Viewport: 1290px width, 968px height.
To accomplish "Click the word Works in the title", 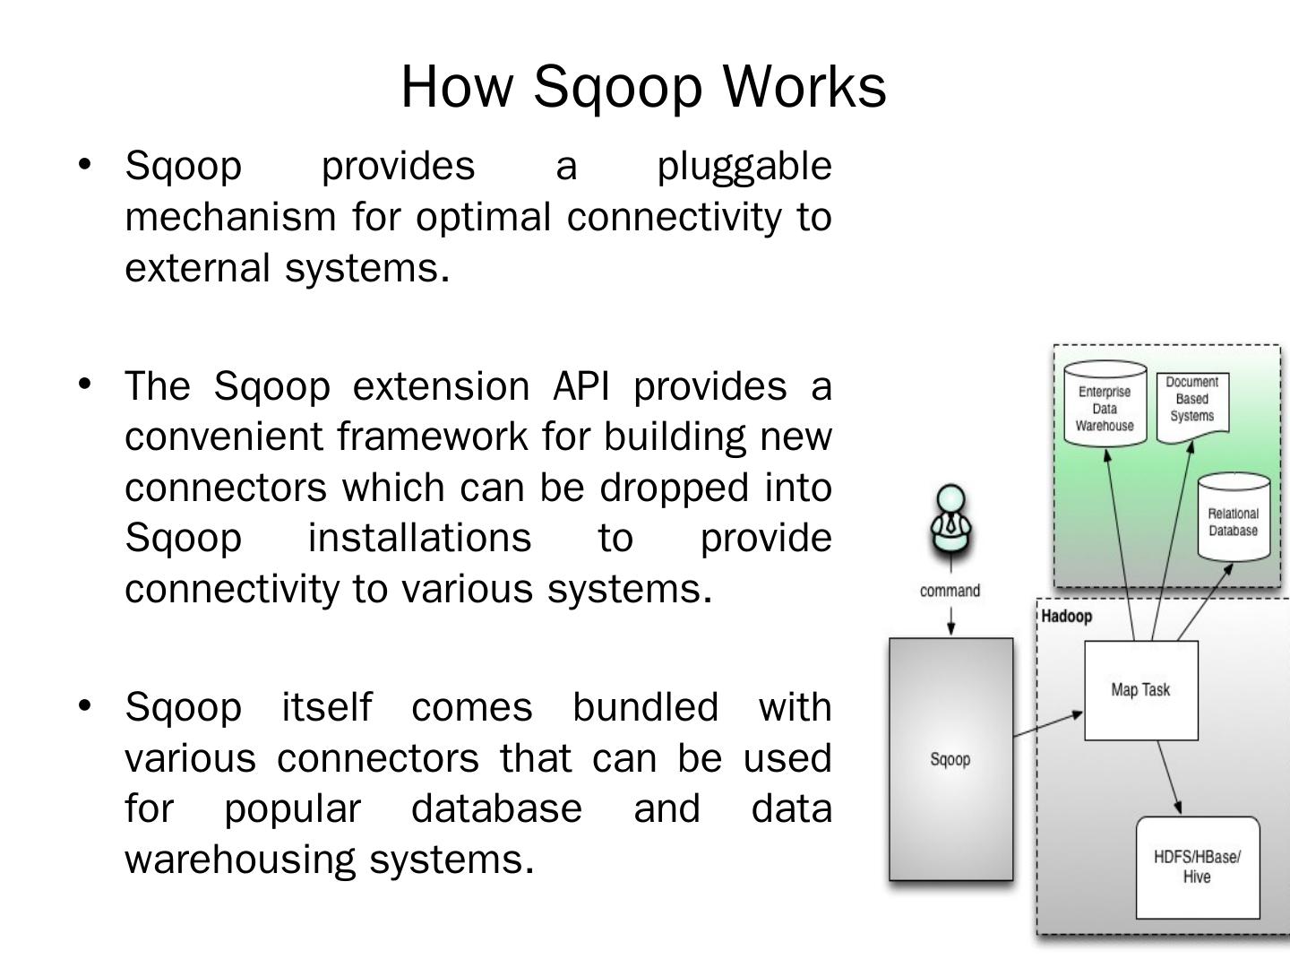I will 804,86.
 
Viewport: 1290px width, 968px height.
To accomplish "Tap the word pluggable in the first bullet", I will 744,167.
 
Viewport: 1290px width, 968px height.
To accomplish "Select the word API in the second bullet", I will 581,386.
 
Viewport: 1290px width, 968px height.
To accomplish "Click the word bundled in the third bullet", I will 645,707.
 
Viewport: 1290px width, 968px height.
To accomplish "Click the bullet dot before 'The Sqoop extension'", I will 85,385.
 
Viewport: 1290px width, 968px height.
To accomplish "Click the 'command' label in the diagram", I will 950,591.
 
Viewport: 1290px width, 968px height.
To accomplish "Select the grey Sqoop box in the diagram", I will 950,759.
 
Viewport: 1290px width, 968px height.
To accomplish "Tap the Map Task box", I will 1140,690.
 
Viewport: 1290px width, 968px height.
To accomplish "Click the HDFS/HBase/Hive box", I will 1197,867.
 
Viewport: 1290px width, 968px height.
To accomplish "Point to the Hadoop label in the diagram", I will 1066,617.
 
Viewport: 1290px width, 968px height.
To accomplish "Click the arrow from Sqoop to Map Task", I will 1048,725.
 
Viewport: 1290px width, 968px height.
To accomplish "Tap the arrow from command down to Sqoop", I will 950,619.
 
